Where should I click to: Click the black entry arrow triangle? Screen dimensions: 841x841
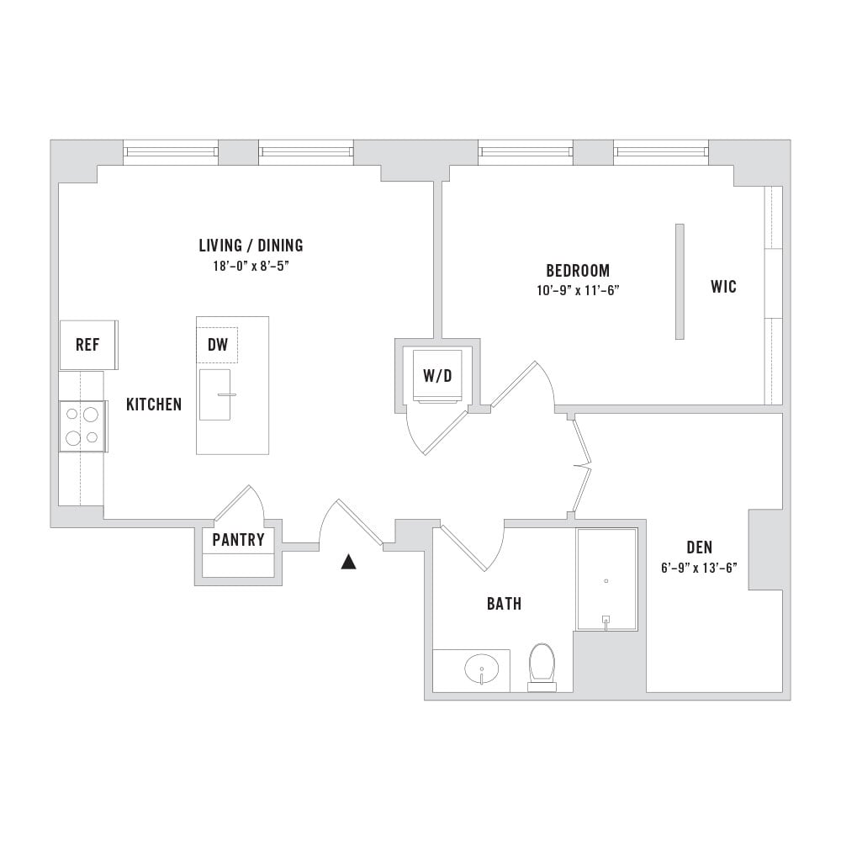click(x=349, y=562)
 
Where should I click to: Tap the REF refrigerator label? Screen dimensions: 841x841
click(x=87, y=344)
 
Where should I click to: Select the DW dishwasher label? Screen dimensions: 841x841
click(x=218, y=344)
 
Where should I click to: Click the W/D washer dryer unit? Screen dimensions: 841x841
click(x=437, y=375)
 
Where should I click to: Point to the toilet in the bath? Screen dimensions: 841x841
click(x=541, y=667)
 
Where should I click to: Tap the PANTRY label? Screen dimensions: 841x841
click(x=238, y=540)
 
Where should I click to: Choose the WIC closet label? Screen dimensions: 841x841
click(x=723, y=287)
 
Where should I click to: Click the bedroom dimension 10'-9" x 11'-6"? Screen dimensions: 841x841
click(x=579, y=291)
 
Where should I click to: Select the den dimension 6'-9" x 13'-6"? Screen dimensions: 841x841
click(x=699, y=568)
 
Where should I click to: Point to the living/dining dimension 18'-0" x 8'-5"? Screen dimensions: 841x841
click(x=251, y=266)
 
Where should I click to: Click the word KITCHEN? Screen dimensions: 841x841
click(x=154, y=405)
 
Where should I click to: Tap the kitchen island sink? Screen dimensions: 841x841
click(x=215, y=394)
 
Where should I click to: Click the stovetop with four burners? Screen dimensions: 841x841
click(x=82, y=426)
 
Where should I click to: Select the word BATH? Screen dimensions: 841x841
click(x=504, y=604)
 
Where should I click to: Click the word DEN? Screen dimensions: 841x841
click(x=700, y=547)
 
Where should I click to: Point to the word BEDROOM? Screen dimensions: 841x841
click(x=579, y=270)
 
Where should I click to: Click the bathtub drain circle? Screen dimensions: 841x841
click(x=606, y=581)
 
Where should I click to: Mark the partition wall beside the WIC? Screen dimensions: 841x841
click(x=680, y=282)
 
